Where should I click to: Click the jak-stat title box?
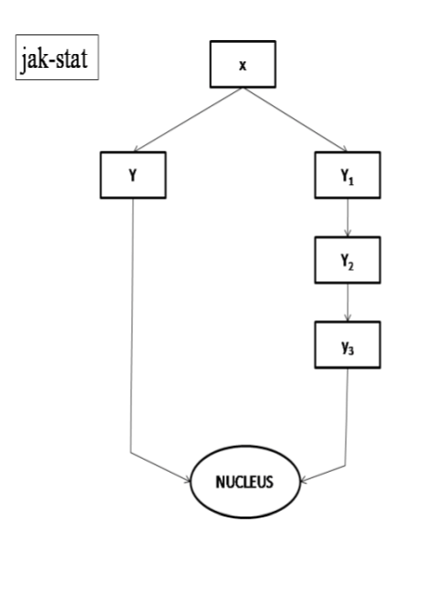tap(57, 57)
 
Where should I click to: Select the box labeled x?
tap(243, 64)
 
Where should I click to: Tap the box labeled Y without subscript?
tap(133, 175)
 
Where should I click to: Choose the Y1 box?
tap(348, 175)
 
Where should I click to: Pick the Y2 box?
tap(348, 260)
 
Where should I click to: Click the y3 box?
tap(348, 345)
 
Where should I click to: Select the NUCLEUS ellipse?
tap(245, 482)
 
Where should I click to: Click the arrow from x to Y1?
tap(296, 120)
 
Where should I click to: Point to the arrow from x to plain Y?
tap(188, 120)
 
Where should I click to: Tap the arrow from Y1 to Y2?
tap(348, 218)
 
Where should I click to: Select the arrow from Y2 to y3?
tap(348, 302)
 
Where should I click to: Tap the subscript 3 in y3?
tap(350, 351)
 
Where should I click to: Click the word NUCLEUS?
tap(244, 482)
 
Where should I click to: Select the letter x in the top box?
tap(243, 66)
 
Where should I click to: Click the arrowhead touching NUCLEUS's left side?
tap(188, 479)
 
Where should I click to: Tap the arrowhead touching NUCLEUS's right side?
tap(304, 480)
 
